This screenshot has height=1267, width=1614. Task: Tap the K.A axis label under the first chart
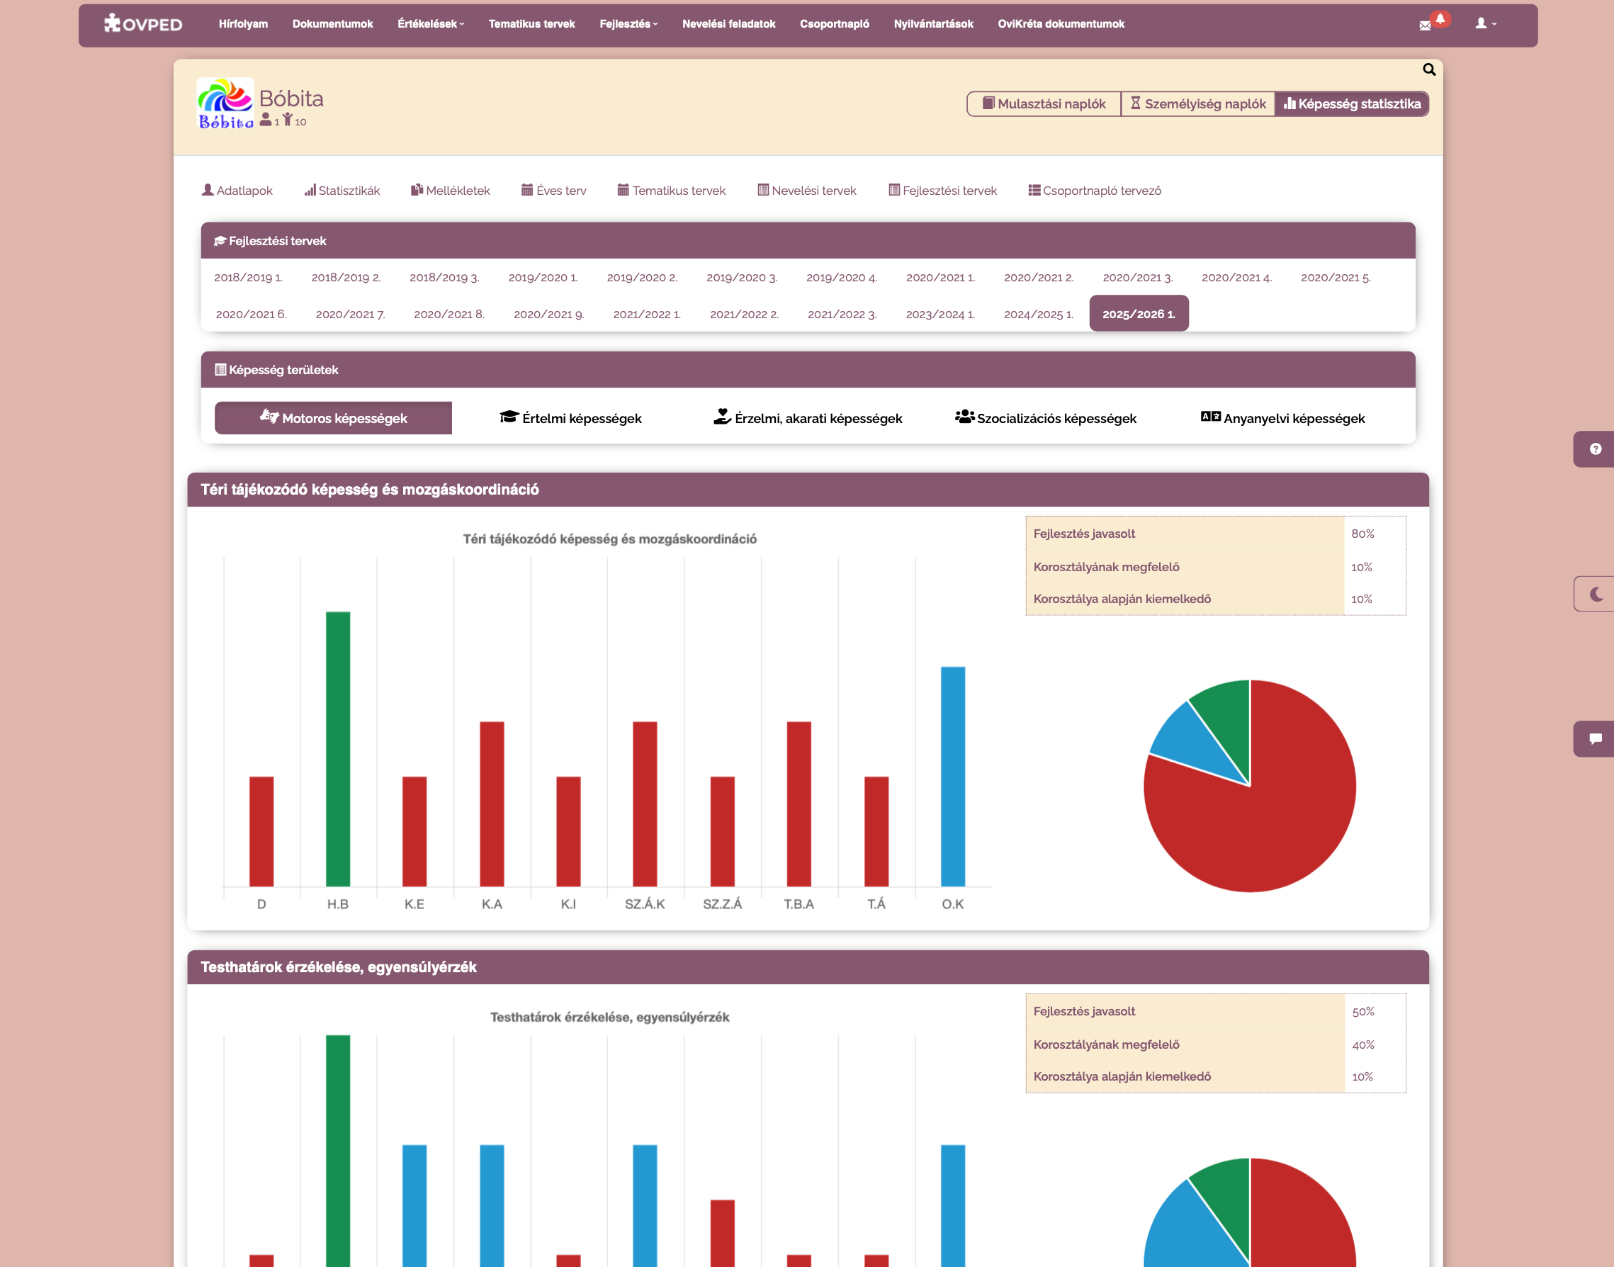point(492,903)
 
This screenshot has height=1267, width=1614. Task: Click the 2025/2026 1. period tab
point(1138,314)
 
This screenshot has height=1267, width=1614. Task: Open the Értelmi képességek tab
point(570,418)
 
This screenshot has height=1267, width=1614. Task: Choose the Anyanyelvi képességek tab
point(1282,418)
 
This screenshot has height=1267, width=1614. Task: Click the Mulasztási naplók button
point(1044,104)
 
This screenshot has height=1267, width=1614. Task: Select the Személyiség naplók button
point(1197,104)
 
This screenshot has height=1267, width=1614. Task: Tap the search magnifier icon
point(1428,69)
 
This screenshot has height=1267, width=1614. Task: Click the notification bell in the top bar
point(1440,19)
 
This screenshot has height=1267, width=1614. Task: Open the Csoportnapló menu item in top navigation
point(834,23)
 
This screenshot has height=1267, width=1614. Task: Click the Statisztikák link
point(342,191)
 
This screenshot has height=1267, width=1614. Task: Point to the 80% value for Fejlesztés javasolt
point(1362,534)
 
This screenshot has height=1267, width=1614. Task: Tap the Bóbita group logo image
point(225,104)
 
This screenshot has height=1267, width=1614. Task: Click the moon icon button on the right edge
point(1596,593)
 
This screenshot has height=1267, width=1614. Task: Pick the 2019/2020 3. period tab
point(741,278)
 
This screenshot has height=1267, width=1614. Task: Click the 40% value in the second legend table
point(1362,1044)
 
